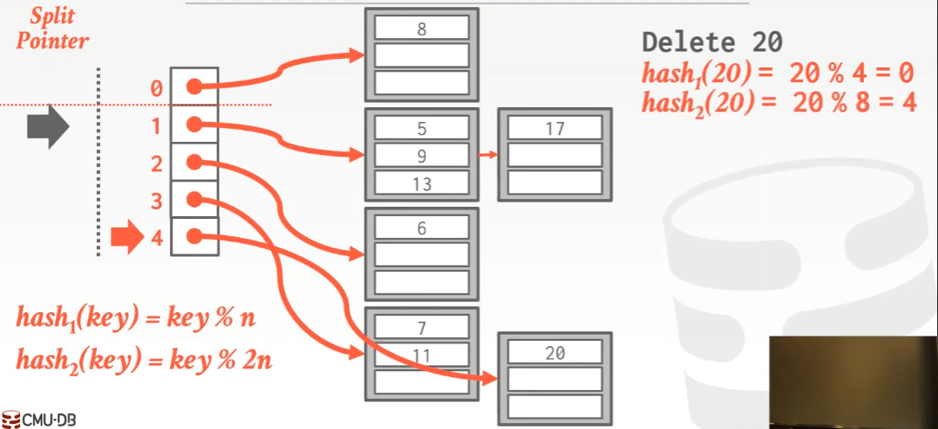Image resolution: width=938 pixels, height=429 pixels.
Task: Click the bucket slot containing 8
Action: (x=421, y=28)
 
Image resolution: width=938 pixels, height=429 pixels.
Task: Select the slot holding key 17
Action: (x=555, y=128)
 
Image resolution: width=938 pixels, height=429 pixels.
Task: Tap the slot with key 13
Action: (x=421, y=182)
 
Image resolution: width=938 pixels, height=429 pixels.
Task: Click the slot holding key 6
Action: (x=421, y=227)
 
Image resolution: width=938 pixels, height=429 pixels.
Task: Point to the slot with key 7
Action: (x=421, y=327)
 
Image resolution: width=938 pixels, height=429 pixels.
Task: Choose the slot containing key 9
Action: (x=421, y=155)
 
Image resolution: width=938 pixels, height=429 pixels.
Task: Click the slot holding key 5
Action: (x=421, y=128)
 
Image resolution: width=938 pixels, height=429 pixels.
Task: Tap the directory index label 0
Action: (x=156, y=89)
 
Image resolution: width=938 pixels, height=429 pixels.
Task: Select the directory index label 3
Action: (x=156, y=202)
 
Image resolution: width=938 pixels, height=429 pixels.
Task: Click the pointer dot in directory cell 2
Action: (x=193, y=162)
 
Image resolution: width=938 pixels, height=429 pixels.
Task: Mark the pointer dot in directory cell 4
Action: (x=193, y=237)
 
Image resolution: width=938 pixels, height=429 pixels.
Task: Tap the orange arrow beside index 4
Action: (x=128, y=239)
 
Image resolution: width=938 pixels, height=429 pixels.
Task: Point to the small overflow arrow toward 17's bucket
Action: (x=488, y=155)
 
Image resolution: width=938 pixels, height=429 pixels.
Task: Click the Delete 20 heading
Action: (x=712, y=42)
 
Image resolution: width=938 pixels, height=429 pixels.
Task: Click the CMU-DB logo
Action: (x=40, y=419)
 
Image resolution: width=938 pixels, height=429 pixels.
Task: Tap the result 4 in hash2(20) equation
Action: (x=908, y=104)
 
